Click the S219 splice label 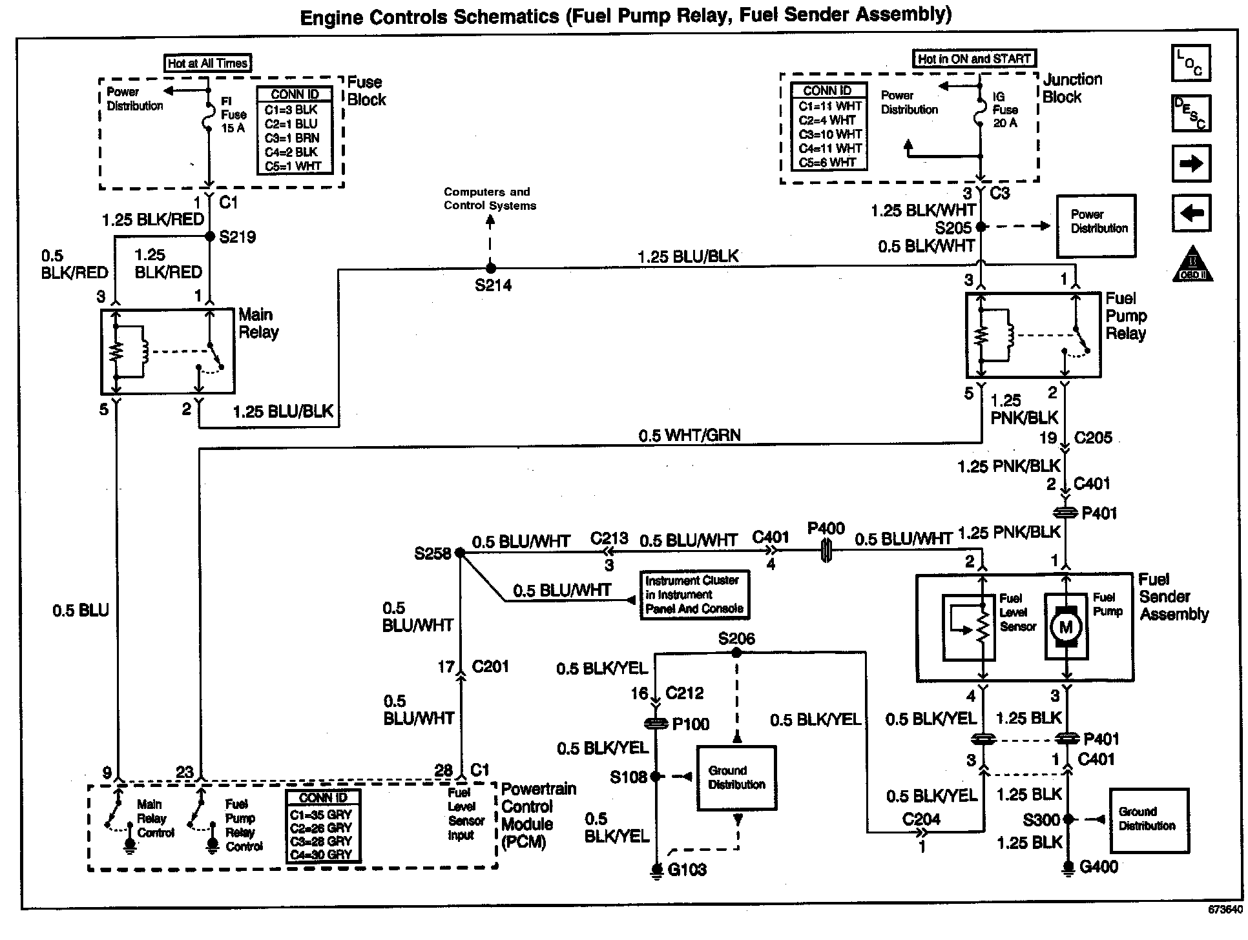coord(237,237)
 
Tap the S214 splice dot coord(491,267)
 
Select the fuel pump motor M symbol coord(1066,627)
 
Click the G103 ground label coord(687,870)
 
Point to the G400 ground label coord(1098,866)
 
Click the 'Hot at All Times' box coord(207,63)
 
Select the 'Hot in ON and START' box coord(973,59)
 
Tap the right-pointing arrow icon coord(1191,163)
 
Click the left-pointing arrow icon coord(1191,213)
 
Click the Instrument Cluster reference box coord(694,595)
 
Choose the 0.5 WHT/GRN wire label coord(689,436)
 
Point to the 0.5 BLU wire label coord(81,610)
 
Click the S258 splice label coord(432,554)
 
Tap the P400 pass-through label coord(826,529)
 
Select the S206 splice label coord(736,639)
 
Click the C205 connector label coord(1093,438)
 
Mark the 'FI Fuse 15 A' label coord(233,115)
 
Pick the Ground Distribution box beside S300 coord(1149,819)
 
